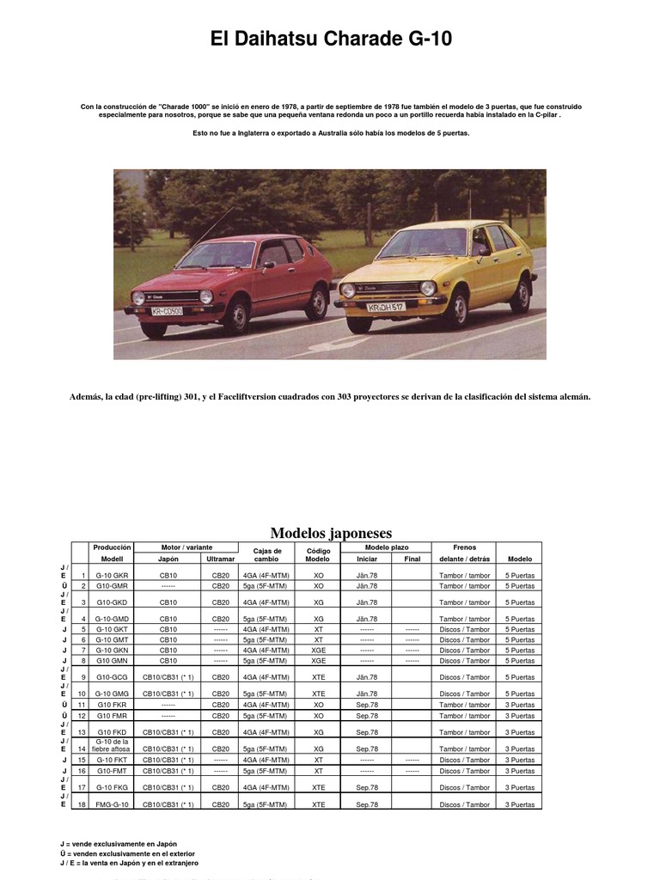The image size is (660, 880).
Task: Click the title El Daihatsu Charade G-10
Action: pos(331,40)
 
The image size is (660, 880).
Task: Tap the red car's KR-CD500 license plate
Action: pos(167,311)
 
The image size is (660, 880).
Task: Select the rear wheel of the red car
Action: pos(317,302)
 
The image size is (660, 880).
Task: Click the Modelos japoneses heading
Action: pos(331,533)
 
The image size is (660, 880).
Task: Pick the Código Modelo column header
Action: pos(318,553)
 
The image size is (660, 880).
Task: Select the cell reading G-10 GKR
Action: pos(112,575)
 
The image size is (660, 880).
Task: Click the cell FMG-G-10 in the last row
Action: pos(112,804)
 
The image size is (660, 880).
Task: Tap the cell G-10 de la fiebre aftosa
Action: pos(112,744)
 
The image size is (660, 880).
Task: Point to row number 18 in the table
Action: pos(82,804)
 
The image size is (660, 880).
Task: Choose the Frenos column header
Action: pos(464,547)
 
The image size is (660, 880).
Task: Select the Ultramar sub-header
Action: pos(220,559)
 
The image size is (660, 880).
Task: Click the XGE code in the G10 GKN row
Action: pos(318,651)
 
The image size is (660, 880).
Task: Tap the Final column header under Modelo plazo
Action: pos(412,559)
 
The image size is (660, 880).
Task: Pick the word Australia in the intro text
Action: pos(345,133)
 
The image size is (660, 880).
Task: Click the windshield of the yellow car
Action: pos(421,242)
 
